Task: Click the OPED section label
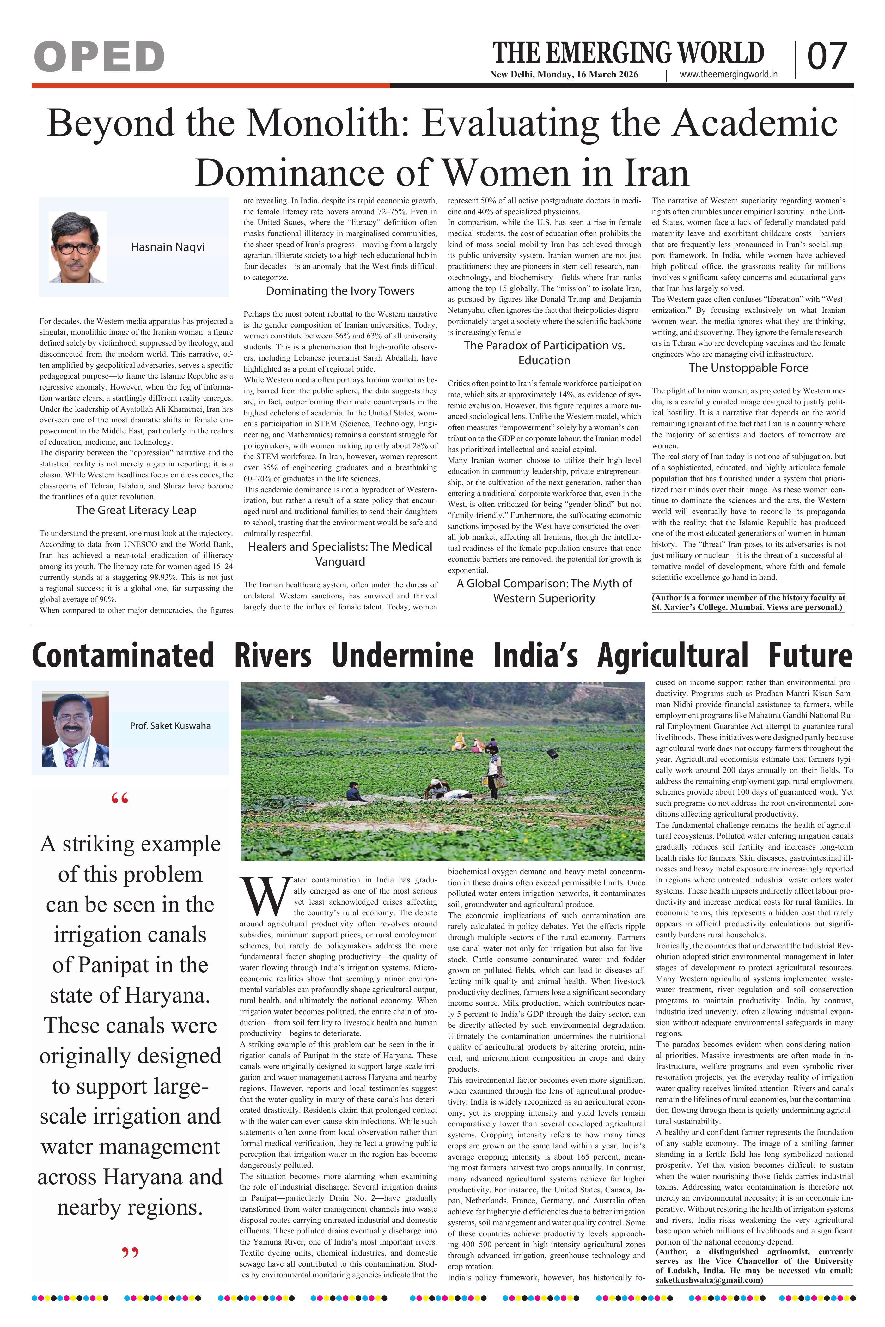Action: click(x=99, y=57)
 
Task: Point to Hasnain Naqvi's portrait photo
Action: click(x=77, y=247)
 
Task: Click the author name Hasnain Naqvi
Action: click(x=168, y=247)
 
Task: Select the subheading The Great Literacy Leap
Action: click(x=136, y=510)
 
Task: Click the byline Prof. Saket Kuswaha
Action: click(x=170, y=725)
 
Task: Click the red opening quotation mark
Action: click(x=120, y=799)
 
